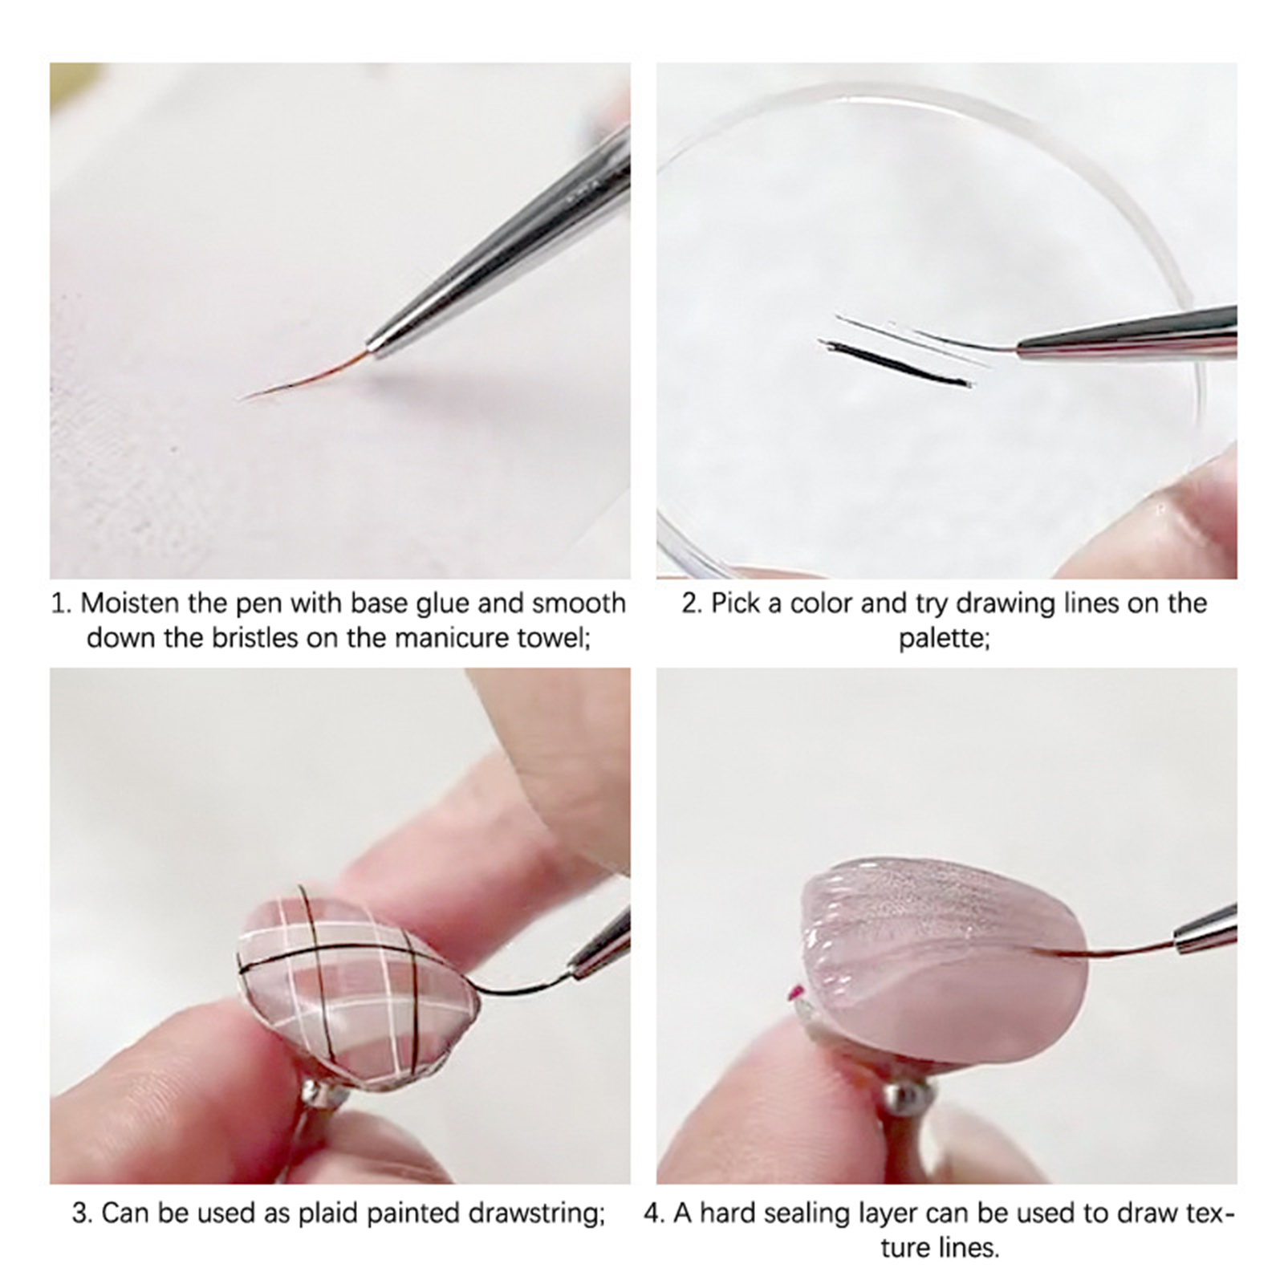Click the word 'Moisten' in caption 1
pos(128,603)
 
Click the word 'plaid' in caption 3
pos(328,1213)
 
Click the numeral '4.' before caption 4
pos(655,1213)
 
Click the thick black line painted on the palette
pos(896,364)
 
